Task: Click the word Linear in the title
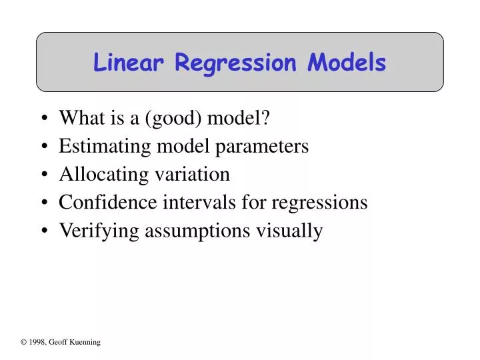[x=129, y=63]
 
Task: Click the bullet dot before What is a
[x=44, y=119]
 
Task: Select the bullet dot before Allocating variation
[x=44, y=175]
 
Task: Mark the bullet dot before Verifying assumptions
[x=44, y=231]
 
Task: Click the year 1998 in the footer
[x=37, y=342]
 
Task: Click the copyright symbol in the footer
[x=23, y=342]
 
